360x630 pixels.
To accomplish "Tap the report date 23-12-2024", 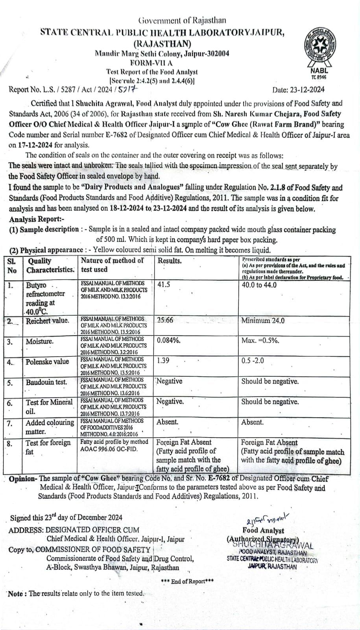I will pyautogui.click(x=299, y=89).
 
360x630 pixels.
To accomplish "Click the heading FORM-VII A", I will pyautogui.click(x=151, y=63).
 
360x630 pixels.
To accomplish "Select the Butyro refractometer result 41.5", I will pyautogui.click(x=164, y=284).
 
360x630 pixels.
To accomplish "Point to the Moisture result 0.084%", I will pyautogui.click(x=168, y=340).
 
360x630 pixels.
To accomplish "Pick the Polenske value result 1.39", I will pyautogui.click(x=163, y=361).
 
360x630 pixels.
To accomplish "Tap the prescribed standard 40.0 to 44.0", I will pyautogui.click(x=259, y=285).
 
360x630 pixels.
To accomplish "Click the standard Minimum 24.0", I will pyautogui.click(x=263, y=321).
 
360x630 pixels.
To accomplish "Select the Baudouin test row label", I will pyautogui.click(x=46, y=382).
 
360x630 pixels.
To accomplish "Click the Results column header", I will pyautogui.click(x=170, y=261).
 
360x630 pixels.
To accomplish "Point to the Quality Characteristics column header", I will pyautogui.click(x=50, y=265).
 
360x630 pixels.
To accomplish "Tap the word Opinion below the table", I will pyautogui.click(x=23, y=479).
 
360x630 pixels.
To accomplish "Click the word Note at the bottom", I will pyautogui.click(x=15, y=593).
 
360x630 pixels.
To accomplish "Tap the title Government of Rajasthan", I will pyautogui.click(x=182, y=20).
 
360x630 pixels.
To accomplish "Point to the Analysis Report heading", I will pyautogui.click(x=37, y=219).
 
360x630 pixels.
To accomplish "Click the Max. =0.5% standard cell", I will pyautogui.click(x=260, y=340).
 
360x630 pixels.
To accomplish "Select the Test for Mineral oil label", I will pyautogui.click(x=49, y=407).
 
